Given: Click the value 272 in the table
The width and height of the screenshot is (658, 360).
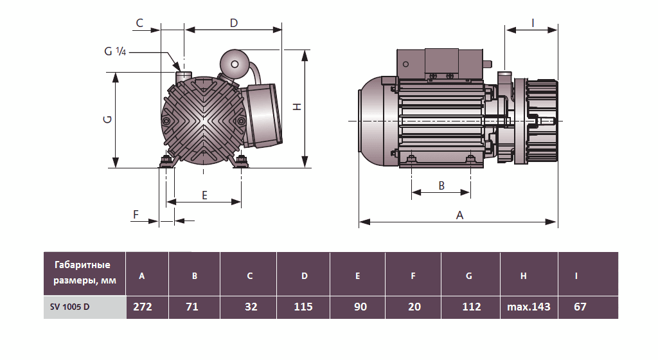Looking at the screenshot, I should point(142,307).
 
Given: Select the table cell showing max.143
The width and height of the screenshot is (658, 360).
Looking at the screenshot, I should point(528,307).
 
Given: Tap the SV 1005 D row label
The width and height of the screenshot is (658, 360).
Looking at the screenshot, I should point(70,307).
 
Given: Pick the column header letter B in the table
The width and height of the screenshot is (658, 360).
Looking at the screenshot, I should point(194,276).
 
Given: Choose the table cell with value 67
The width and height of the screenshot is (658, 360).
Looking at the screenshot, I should point(580,307).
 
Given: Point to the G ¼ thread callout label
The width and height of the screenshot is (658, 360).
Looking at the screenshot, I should point(115,51).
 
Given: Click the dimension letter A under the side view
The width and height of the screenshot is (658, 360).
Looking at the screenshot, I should point(459,215).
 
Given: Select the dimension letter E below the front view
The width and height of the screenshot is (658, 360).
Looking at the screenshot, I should point(204,195).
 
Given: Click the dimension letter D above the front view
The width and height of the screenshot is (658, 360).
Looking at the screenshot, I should point(234,23).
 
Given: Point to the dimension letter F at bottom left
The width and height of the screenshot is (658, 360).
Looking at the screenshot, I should point(136,214).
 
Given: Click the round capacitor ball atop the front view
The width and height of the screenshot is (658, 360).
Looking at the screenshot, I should point(234,64).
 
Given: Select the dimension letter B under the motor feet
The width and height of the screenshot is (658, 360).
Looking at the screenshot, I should point(441,185).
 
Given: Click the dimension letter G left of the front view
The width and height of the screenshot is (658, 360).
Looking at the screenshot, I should point(108,120).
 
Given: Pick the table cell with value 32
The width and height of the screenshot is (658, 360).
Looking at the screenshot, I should point(251,307).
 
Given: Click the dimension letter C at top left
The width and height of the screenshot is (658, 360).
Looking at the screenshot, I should point(139,23).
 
